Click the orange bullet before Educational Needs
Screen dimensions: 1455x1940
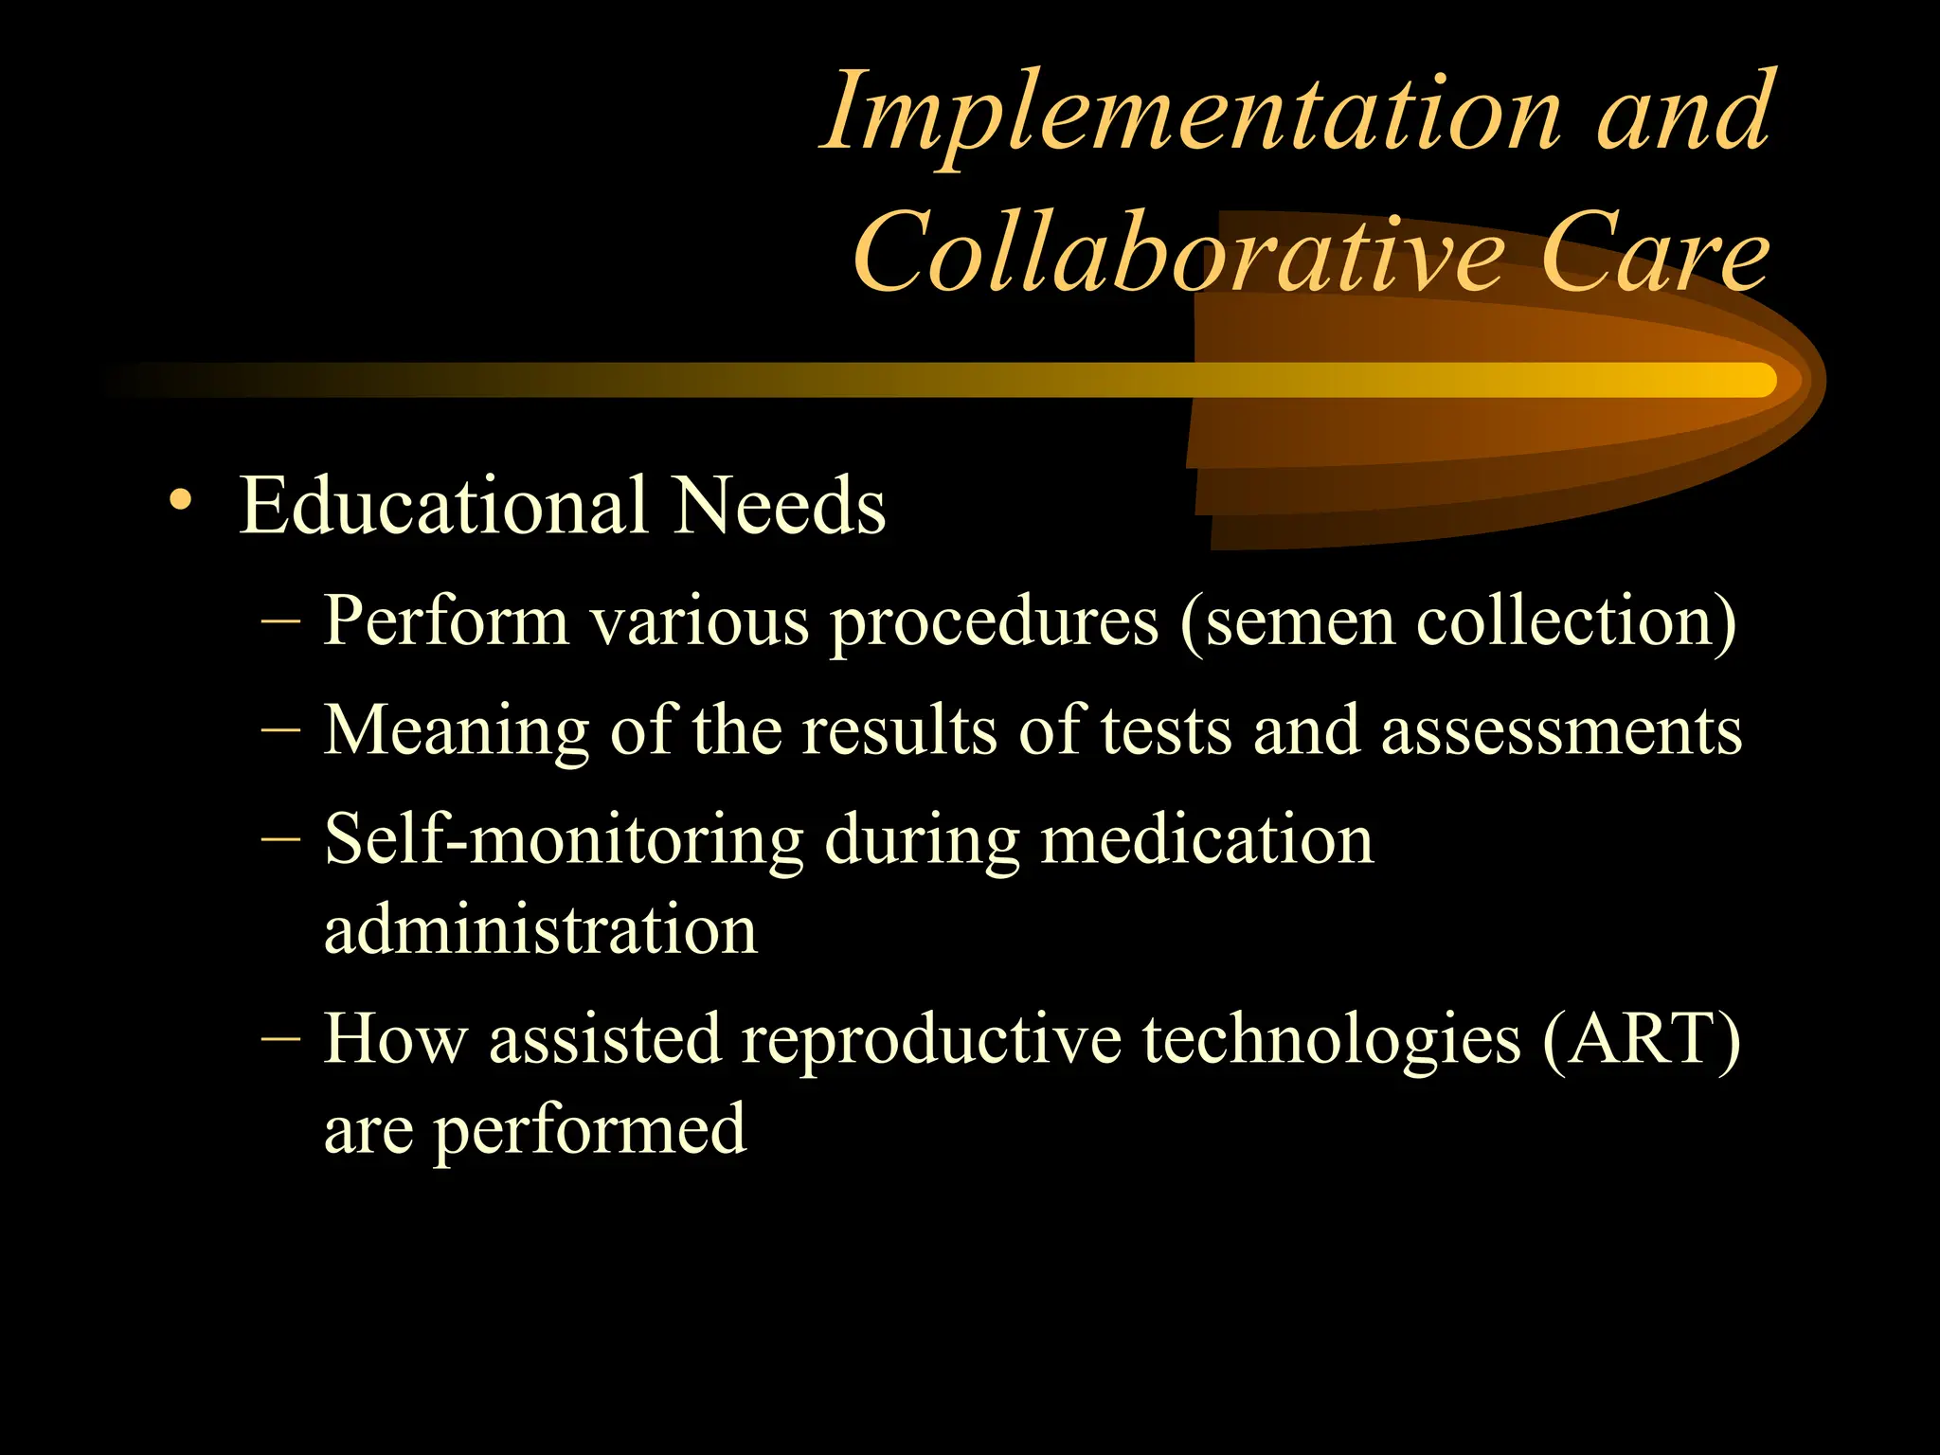coord(179,499)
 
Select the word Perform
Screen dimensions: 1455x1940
coord(446,621)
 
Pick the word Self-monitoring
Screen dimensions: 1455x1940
coord(564,840)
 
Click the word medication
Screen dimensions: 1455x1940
coord(1207,840)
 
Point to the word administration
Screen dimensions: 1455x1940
coord(541,929)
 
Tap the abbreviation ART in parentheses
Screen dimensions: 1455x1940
coord(1642,1039)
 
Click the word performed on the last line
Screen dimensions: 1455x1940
coord(590,1130)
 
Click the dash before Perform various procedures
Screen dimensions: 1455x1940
coord(280,620)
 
